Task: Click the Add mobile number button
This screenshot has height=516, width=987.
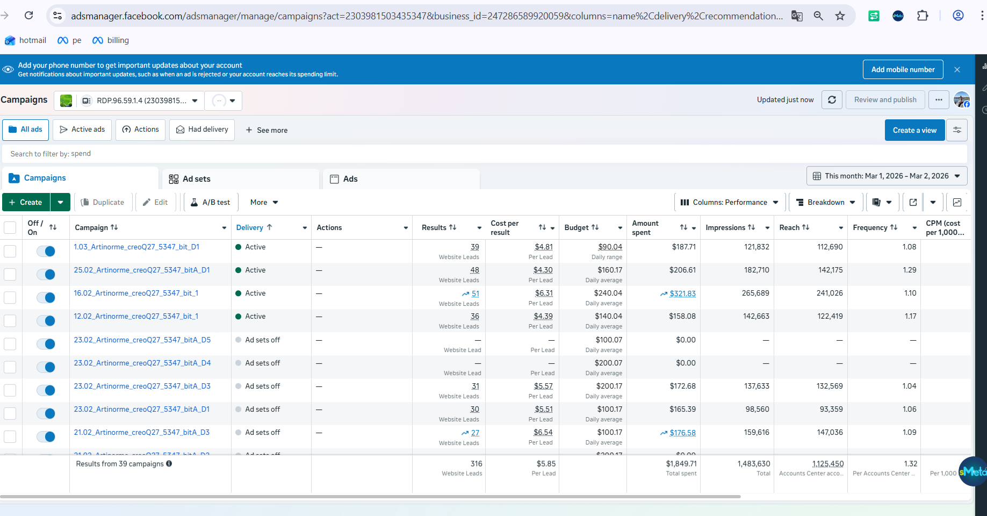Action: (x=903, y=69)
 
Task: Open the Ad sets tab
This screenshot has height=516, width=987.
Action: (x=196, y=179)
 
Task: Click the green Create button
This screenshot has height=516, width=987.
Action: (x=26, y=202)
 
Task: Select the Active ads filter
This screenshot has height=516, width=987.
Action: (x=82, y=130)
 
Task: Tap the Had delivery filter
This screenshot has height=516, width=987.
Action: (x=202, y=130)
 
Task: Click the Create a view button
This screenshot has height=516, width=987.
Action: (x=914, y=130)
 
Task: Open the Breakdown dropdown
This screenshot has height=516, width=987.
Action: (x=825, y=202)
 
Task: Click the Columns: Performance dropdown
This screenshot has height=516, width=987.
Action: (x=730, y=202)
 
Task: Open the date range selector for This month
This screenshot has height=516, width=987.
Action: (x=887, y=176)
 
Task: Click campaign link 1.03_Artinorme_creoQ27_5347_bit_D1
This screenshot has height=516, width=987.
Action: (x=136, y=247)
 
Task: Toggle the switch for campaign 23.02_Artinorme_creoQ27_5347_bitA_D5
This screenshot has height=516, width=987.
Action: (x=46, y=344)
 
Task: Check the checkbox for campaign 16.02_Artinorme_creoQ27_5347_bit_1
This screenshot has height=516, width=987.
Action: (x=10, y=297)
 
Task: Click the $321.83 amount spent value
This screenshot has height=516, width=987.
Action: (x=682, y=293)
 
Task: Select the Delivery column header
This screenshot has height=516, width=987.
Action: (x=250, y=227)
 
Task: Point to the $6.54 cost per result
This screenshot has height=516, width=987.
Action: (x=543, y=432)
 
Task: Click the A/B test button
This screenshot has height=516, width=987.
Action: (x=211, y=202)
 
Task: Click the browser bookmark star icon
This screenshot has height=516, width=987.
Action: (x=840, y=16)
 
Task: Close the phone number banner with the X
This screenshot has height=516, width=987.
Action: (x=957, y=69)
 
